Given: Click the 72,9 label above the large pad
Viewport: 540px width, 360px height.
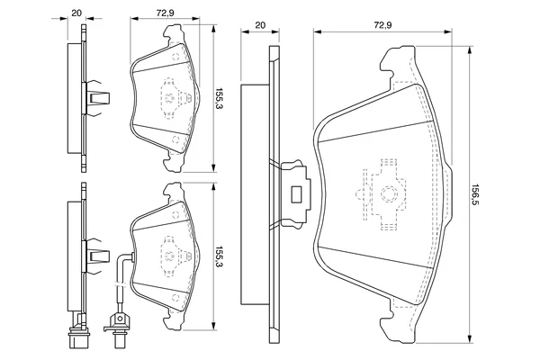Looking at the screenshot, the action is click(383, 25).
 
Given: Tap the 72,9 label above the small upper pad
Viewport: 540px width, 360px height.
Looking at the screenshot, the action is click(165, 13).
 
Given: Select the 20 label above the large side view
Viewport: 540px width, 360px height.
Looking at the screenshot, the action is click(260, 25).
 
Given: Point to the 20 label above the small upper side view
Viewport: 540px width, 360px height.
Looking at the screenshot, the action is click(76, 13).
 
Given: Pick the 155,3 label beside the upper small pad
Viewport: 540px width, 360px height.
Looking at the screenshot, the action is click(219, 98).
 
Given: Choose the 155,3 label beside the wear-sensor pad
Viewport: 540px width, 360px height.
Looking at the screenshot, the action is click(219, 256).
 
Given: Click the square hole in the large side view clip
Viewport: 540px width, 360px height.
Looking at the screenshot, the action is click(296, 194).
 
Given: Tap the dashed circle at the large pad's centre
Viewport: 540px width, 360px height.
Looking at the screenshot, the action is click(389, 194).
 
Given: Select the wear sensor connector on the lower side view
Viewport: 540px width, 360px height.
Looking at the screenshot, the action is click(79, 330).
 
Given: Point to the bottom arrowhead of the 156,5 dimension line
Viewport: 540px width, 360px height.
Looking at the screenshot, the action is click(469, 339).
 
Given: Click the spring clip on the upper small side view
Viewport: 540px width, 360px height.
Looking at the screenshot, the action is click(98, 98).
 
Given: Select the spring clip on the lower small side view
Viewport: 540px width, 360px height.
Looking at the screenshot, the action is click(98, 256).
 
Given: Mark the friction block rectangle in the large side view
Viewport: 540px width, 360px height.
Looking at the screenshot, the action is click(255, 194).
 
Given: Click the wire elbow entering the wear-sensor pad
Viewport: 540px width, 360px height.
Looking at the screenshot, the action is click(125, 256).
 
